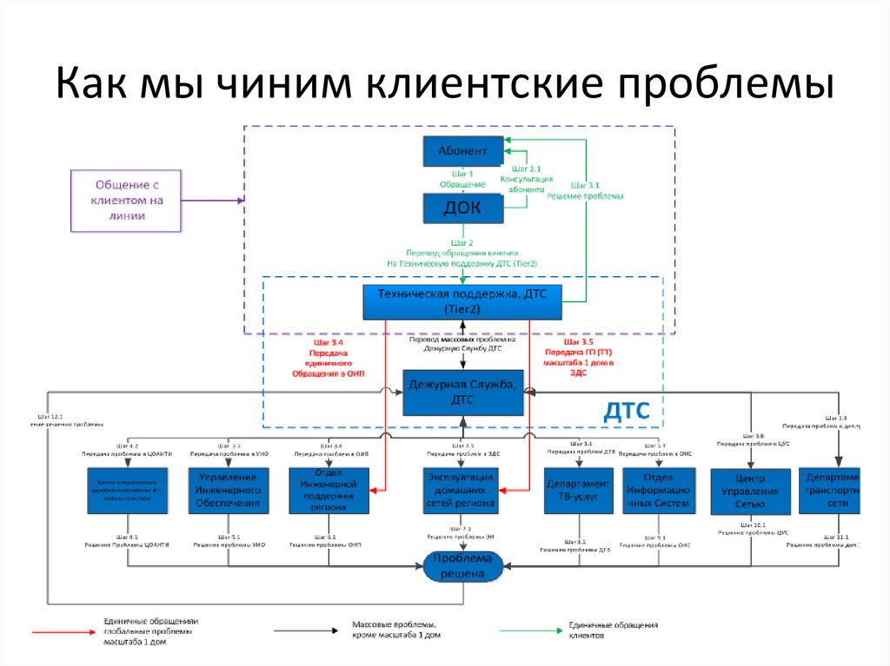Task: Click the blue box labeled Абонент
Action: point(462,152)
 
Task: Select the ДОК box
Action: point(462,208)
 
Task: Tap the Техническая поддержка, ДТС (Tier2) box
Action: point(462,302)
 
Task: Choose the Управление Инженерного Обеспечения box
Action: point(228,491)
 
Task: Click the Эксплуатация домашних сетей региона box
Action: point(462,491)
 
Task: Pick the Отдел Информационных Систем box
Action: point(660,491)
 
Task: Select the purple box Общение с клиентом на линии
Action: point(126,201)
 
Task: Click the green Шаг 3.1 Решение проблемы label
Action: point(585,190)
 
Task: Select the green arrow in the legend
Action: point(522,631)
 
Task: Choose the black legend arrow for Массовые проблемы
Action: point(308,631)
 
